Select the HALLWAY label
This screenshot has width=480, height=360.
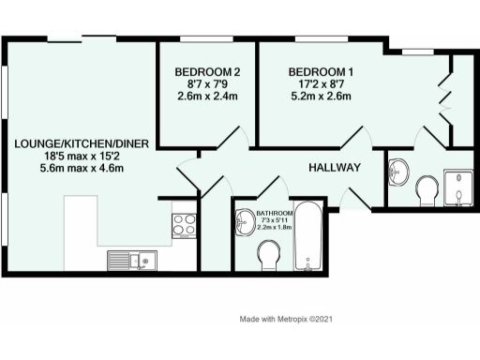click(x=335, y=168)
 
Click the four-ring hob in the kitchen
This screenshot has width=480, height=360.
click(x=183, y=224)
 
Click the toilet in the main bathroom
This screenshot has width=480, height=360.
click(x=270, y=253)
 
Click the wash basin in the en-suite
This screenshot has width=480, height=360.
click(x=397, y=172)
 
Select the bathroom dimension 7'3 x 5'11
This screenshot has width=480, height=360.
click(x=273, y=222)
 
